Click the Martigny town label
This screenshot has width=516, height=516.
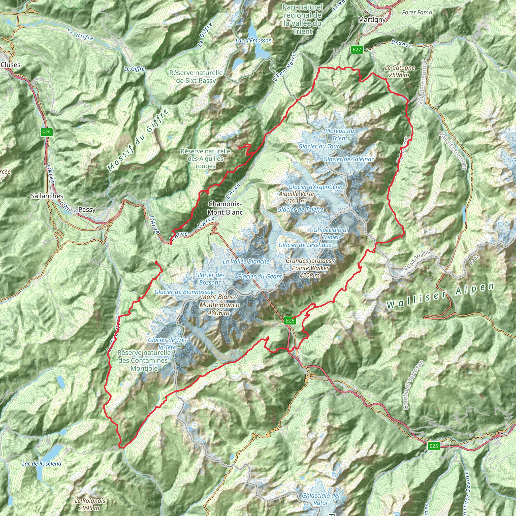coord(372,19)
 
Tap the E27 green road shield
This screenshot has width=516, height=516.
coord(357,49)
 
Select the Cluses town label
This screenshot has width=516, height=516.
coord(11,65)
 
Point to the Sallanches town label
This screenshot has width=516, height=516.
coord(47,196)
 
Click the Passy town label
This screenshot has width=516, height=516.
coord(87,209)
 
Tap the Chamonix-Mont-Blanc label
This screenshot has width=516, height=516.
coord(225,208)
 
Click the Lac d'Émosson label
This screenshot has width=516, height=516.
coord(253,41)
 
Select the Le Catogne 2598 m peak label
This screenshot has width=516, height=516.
coord(400,71)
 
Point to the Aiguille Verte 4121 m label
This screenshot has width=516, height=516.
coord(297,197)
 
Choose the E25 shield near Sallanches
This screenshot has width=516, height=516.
coord(46,132)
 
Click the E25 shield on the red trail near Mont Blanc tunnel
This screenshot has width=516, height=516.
coord(290,320)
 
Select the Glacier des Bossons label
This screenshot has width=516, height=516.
coord(210,279)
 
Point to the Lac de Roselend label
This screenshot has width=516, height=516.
coord(42,463)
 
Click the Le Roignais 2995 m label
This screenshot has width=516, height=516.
coord(90,504)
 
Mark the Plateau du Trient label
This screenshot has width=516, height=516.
coord(339,134)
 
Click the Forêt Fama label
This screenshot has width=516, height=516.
coord(417,12)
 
